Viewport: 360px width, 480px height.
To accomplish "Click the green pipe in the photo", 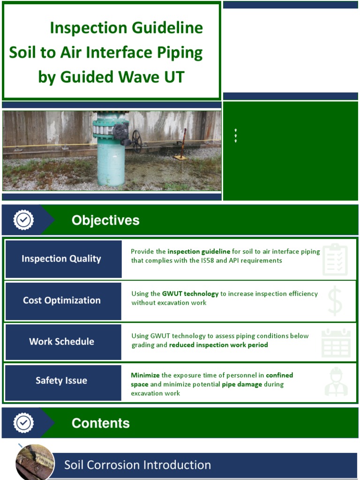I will pos(111,159).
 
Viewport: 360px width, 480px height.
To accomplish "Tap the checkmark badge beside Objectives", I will pos(23,220).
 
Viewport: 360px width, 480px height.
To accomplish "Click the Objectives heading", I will pos(105,220).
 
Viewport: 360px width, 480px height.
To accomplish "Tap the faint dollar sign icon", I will pos(335,301).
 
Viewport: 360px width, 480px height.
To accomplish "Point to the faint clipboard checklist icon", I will pos(335,259).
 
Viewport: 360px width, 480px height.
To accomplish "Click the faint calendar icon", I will pos(336,343).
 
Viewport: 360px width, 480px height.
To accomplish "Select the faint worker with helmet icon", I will pos(336,382).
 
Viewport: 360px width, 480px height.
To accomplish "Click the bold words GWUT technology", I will pos(190,294).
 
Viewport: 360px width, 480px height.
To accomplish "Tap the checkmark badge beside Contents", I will pos(23,423).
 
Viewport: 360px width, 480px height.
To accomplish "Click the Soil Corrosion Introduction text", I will pos(137,465).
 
